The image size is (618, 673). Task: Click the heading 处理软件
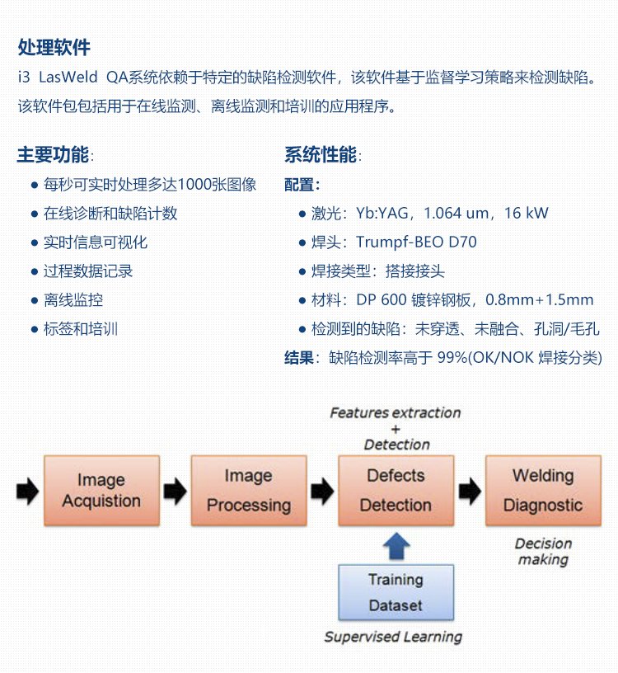click(x=54, y=46)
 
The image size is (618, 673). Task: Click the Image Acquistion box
click(x=101, y=491)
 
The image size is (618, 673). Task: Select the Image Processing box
click(x=248, y=491)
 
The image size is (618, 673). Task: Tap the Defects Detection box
click(x=396, y=491)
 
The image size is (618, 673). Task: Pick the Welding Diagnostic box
click(x=542, y=491)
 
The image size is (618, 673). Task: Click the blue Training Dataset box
click(x=396, y=592)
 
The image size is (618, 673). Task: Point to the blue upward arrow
click(x=396, y=547)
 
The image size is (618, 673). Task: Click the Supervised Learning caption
click(x=393, y=637)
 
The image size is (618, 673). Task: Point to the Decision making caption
click(x=543, y=551)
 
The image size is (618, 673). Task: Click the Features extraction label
click(x=396, y=412)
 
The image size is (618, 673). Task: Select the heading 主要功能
click(x=54, y=155)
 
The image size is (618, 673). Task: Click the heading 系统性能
click(x=321, y=155)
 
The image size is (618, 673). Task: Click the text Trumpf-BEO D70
click(x=416, y=242)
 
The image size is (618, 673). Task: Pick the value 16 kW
click(x=526, y=214)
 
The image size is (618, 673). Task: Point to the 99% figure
click(x=452, y=358)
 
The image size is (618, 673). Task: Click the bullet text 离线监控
click(x=73, y=300)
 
